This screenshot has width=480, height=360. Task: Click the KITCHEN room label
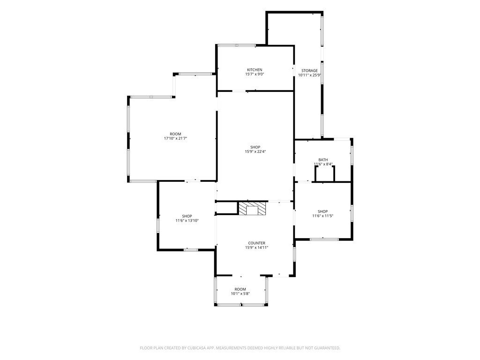[255, 70]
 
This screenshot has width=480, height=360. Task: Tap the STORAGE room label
[309, 71]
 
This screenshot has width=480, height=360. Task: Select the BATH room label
[323, 160]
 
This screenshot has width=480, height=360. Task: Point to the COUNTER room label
[256, 243]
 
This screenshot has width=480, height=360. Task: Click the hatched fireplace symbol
[252, 209]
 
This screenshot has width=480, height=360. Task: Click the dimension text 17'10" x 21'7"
[175, 138]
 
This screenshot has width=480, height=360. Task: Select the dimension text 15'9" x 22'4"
[255, 151]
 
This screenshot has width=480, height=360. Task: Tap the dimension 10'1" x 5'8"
[240, 293]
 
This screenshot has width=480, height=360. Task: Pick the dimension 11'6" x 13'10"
[187, 220]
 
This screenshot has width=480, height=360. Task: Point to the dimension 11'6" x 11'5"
[322, 216]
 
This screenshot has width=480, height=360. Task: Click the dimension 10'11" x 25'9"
[309, 75]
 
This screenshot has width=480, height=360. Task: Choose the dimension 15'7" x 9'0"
[255, 74]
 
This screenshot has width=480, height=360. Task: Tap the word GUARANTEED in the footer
[329, 348]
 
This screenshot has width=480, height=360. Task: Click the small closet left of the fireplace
[227, 208]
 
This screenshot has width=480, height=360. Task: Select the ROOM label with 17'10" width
[175, 134]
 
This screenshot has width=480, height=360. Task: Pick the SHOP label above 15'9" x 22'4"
[255, 147]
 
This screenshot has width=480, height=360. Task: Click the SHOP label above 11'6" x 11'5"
[322, 211]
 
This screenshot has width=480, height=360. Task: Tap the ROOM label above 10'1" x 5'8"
[240, 289]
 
